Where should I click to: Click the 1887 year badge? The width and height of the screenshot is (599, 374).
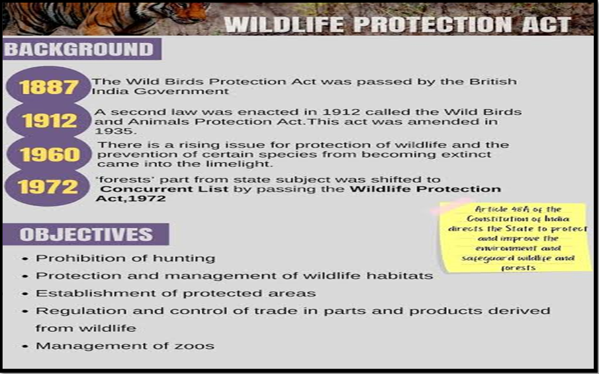(x=48, y=86)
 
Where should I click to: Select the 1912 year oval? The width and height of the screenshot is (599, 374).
(x=49, y=120)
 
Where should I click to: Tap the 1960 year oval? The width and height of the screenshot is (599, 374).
(x=49, y=154)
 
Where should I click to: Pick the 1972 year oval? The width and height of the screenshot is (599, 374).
(x=48, y=187)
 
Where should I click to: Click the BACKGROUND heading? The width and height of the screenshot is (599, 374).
(x=79, y=49)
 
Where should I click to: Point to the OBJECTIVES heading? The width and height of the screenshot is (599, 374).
(x=86, y=234)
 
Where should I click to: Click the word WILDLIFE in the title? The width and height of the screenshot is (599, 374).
(x=284, y=24)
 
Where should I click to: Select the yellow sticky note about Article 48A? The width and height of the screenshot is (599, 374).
(x=516, y=238)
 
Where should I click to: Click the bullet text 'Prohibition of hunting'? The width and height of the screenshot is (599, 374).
(x=125, y=258)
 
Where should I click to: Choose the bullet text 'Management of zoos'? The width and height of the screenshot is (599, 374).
(x=125, y=346)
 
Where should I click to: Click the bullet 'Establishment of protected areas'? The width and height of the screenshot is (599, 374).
(x=175, y=293)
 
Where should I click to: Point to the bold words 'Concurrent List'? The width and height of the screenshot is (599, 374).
(x=164, y=189)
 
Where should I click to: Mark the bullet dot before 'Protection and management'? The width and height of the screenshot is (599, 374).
(x=25, y=276)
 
